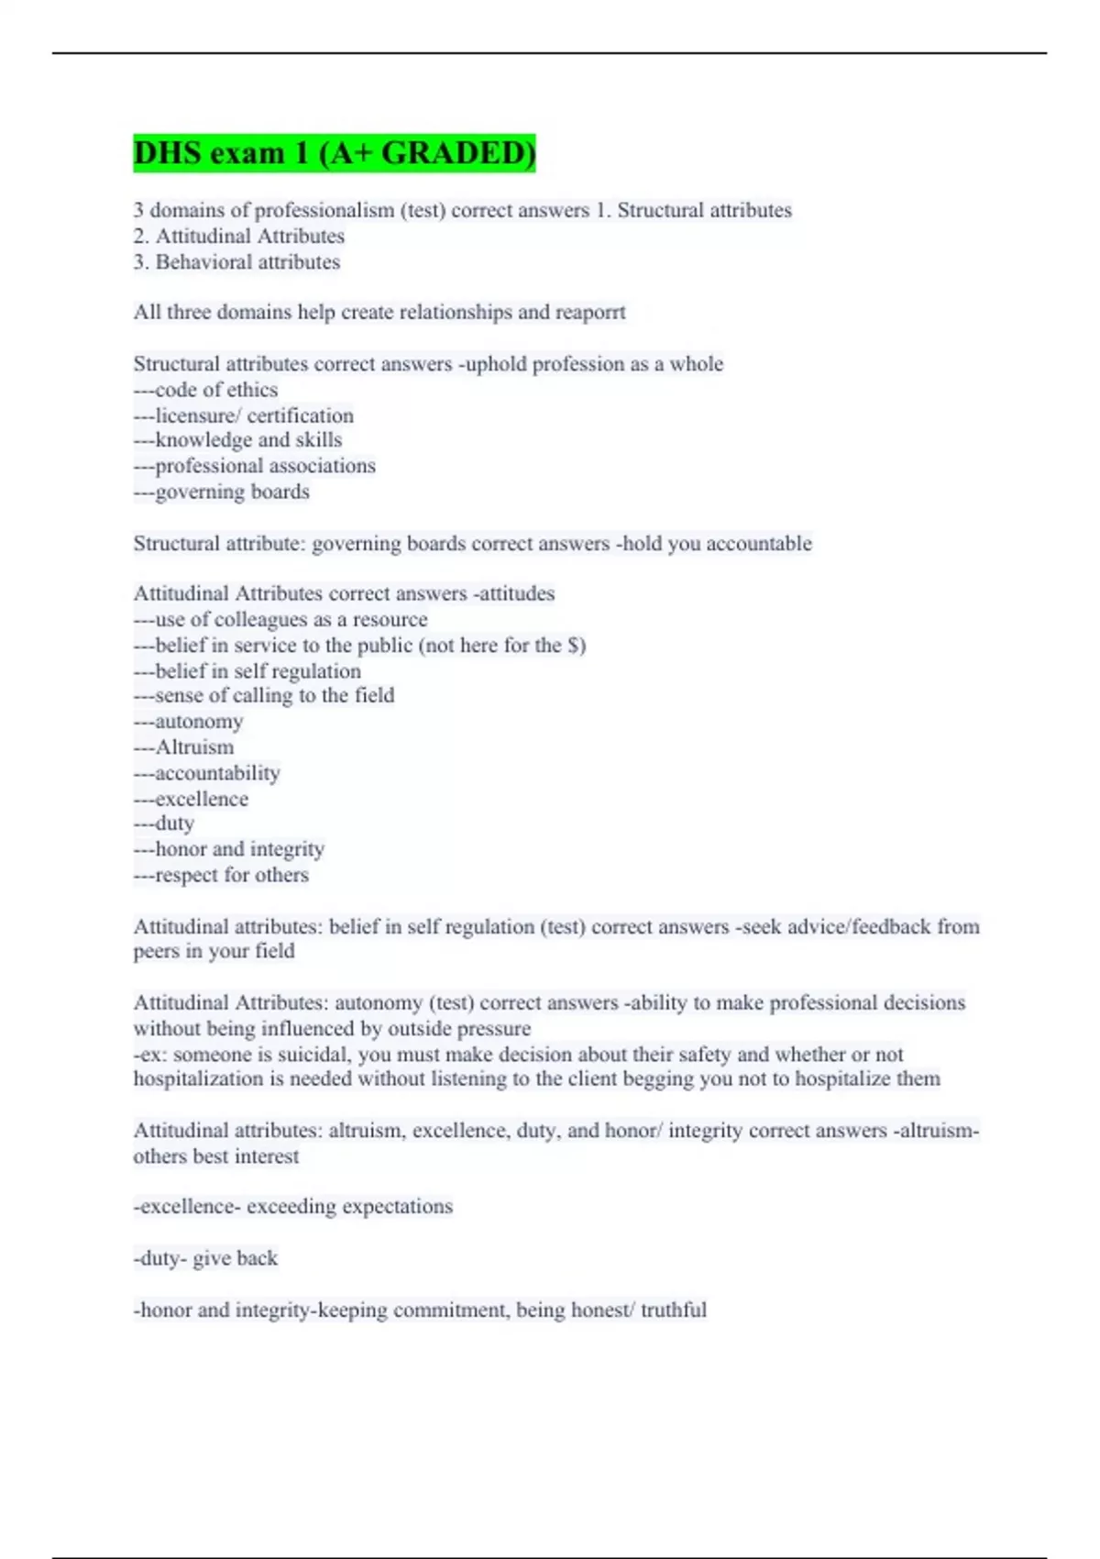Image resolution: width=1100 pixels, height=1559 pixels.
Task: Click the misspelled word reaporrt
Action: pyautogui.click(x=590, y=312)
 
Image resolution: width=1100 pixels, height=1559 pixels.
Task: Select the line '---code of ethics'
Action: pyautogui.click(x=205, y=390)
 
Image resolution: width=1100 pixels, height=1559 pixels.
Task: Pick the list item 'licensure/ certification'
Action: pyautogui.click(x=254, y=415)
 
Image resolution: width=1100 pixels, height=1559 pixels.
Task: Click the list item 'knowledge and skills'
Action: pyautogui.click(x=248, y=440)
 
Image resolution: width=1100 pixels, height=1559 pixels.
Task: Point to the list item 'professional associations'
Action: pyautogui.click(x=265, y=466)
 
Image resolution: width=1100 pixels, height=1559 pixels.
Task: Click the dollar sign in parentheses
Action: pyautogui.click(x=575, y=646)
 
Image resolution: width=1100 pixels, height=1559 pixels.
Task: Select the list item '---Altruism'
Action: pyautogui.click(x=183, y=747)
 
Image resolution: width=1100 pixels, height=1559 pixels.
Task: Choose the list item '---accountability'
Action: pyautogui.click(x=206, y=773)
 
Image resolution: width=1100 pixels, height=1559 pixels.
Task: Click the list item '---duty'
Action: pyautogui.click(x=163, y=824)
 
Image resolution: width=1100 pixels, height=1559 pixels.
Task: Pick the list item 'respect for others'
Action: pyautogui.click(x=232, y=875)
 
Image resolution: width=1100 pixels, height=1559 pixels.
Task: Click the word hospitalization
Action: pyautogui.click(x=198, y=1079)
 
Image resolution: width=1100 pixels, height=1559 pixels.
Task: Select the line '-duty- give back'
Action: pyautogui.click(x=205, y=1258)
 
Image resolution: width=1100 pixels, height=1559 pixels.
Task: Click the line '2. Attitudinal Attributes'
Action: pyautogui.click(x=238, y=237)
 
